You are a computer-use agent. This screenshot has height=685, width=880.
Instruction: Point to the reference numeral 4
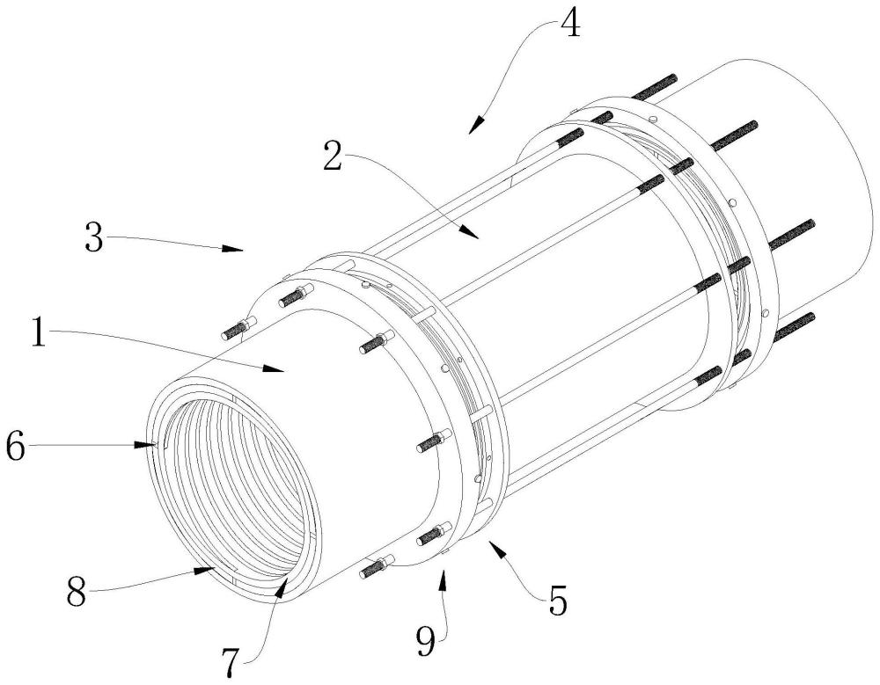[569, 24]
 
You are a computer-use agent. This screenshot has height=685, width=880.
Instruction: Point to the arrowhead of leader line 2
[477, 237]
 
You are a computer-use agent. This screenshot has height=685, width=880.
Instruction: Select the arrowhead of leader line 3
[242, 250]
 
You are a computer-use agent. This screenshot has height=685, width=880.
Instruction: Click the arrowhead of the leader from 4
[472, 133]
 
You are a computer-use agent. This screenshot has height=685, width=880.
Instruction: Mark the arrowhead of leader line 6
[155, 447]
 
